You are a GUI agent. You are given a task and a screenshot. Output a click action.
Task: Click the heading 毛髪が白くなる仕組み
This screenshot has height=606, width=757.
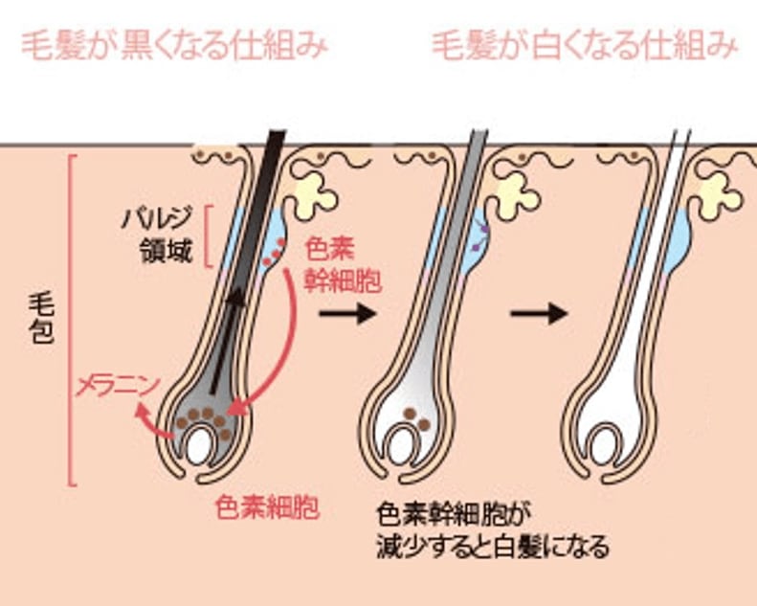click(x=585, y=44)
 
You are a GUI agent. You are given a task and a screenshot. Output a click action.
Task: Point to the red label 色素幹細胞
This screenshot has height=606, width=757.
click(x=343, y=265)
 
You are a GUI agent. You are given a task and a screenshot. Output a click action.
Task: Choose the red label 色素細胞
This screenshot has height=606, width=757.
click(x=254, y=506)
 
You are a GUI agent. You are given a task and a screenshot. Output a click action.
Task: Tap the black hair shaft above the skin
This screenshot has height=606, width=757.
click(x=272, y=145)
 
